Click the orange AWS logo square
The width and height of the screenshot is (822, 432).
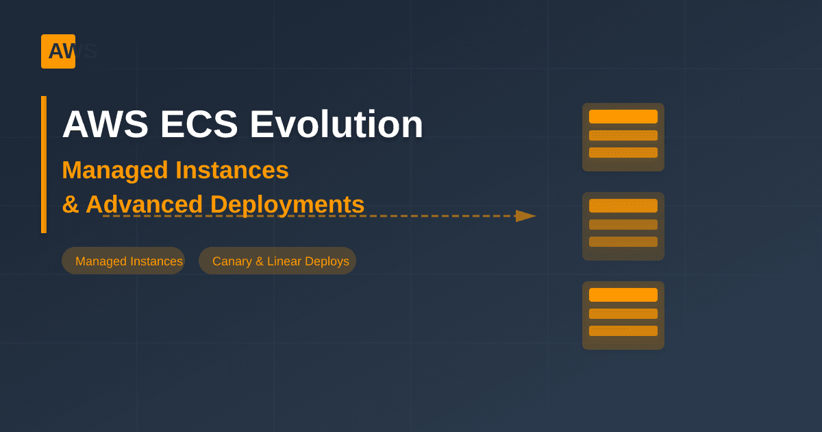click(58, 51)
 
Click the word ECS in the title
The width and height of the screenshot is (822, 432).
click(199, 125)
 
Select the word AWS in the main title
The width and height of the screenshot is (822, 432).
click(105, 125)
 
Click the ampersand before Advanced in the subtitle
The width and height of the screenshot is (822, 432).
click(70, 204)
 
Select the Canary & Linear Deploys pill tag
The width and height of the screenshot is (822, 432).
click(277, 261)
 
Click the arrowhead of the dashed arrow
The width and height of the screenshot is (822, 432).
click(525, 216)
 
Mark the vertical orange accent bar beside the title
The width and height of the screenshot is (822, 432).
click(44, 165)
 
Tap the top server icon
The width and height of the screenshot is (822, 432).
click(623, 137)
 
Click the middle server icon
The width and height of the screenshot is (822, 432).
click(623, 226)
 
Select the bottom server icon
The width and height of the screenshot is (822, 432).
click(623, 315)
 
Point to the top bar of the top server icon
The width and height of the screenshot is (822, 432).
click(623, 117)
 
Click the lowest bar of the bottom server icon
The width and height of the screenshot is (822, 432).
click(623, 331)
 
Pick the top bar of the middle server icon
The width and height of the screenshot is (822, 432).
click(623, 206)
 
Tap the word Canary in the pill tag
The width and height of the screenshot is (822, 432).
click(232, 261)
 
